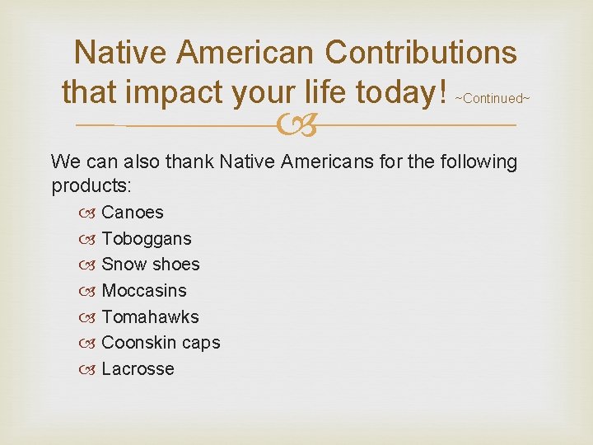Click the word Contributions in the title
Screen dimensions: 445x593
coord(421,53)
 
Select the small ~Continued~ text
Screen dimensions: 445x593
coord(493,99)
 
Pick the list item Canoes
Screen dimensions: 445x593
coord(133,213)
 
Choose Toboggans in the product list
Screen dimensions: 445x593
coord(147,239)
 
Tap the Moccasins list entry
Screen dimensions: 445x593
coord(144,291)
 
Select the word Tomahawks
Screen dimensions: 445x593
coord(150,317)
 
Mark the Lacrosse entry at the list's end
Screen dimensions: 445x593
coord(138,369)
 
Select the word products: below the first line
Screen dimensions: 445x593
coord(86,186)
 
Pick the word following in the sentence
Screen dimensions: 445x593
coord(478,162)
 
